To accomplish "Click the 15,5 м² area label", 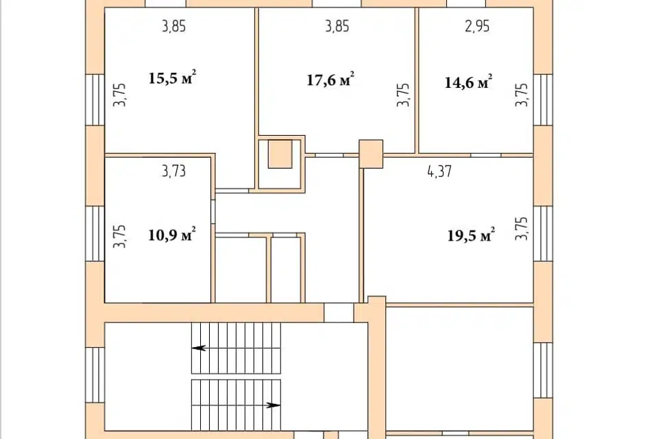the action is (x=172, y=78).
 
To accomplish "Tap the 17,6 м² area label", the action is (x=330, y=80).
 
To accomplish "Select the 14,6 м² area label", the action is (x=468, y=82).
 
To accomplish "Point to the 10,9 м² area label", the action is (x=172, y=235).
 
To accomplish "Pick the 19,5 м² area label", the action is (x=471, y=235).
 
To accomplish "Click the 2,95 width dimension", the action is (x=477, y=26).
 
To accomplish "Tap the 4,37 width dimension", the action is (x=439, y=171).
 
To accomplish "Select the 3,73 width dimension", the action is (x=173, y=171).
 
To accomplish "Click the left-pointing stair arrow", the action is (x=199, y=348).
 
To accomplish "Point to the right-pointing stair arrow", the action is (x=274, y=405).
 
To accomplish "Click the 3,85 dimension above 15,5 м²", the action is (x=173, y=26).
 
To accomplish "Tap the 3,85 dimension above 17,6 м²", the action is (x=337, y=26).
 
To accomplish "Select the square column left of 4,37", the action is (x=371, y=154).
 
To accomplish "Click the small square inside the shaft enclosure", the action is (x=280, y=154).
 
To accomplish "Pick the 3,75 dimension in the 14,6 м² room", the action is (x=522, y=95).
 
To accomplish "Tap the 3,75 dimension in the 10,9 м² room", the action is (x=119, y=236).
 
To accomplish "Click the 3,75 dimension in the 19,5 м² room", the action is (x=522, y=228).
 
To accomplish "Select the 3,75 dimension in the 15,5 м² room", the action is (x=119, y=95).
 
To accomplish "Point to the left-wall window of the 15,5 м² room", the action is (x=95, y=100).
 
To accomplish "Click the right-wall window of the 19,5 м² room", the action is (x=543, y=233).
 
